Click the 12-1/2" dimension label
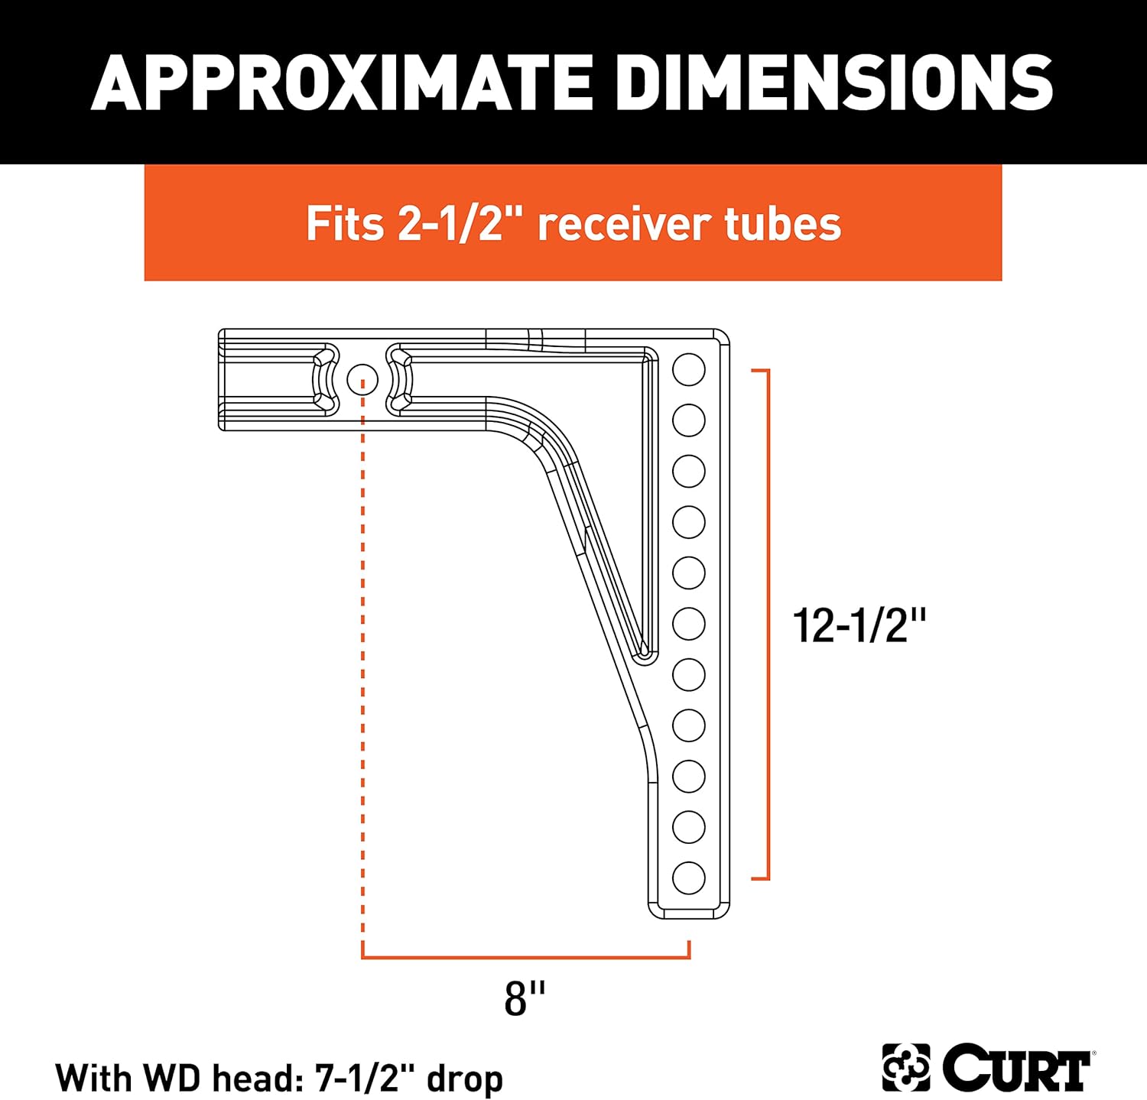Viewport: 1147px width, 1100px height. click(x=859, y=625)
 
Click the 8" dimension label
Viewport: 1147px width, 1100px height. click(x=525, y=998)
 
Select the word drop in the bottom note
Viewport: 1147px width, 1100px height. click(x=465, y=1079)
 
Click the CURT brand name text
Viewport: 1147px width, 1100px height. click(x=1015, y=1067)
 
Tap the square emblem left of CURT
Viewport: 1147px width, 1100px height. click(x=905, y=1067)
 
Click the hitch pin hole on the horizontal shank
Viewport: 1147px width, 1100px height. click(x=362, y=378)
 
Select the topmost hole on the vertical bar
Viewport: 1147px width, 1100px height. click(x=688, y=369)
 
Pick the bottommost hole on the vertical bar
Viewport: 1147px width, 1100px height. click(x=688, y=878)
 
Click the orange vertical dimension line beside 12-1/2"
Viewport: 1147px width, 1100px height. click(x=767, y=624)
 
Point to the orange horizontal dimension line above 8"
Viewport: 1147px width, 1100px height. click(x=525, y=956)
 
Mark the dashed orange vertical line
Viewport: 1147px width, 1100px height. click(x=363, y=673)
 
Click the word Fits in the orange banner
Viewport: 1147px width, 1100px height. click(x=344, y=224)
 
